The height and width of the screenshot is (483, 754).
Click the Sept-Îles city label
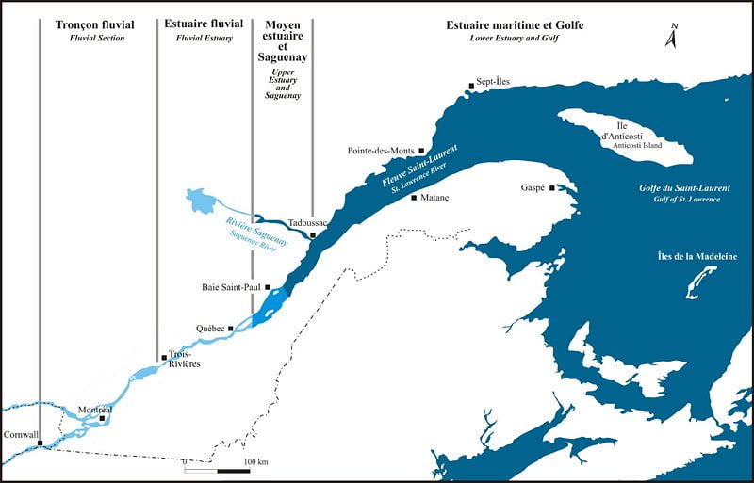coord(491,82)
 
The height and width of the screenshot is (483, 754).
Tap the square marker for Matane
coord(414,198)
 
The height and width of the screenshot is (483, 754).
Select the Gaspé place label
coord(534,188)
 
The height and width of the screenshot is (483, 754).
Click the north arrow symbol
coord(672,37)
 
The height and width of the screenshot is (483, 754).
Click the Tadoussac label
coord(307,222)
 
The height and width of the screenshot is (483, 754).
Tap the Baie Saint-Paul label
coord(232,286)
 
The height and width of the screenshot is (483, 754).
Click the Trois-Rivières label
coord(184,360)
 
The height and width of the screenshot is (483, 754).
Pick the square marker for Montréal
coord(102,418)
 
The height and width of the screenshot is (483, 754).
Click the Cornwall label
coord(20,435)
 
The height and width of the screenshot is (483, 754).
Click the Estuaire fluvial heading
coord(203,24)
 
